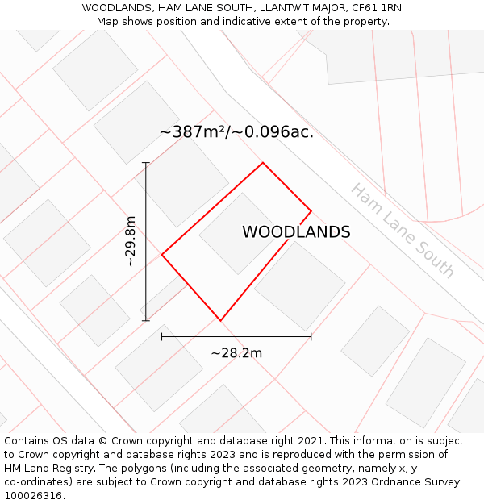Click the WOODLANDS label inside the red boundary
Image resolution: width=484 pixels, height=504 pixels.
pos(296,232)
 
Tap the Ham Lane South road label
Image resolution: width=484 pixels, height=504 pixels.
pos(403,230)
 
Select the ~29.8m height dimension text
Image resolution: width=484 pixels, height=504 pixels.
pos(131,241)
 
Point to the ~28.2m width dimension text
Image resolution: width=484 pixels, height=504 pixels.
pos(236,352)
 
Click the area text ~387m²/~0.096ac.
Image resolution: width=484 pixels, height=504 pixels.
pos(236,132)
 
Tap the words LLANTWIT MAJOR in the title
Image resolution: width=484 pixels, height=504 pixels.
pos(297,7)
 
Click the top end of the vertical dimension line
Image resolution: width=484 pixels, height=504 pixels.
pos(146,163)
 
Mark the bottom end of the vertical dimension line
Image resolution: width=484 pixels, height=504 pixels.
pos(146,320)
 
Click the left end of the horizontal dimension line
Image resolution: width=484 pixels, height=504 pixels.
pos(162,336)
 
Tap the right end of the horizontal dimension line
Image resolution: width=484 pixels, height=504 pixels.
pos(311,336)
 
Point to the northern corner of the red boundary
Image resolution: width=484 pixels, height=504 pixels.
pos(263,163)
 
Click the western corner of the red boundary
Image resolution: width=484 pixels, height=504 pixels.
pos(162,255)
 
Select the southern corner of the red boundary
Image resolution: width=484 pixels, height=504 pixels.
pos(220,320)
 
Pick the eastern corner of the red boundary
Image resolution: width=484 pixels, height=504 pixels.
pos(311,212)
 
